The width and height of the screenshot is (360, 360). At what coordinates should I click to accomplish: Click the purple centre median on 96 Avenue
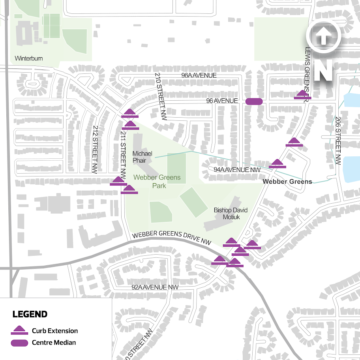point(254,101)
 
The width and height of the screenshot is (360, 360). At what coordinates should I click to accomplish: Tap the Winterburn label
point(28,58)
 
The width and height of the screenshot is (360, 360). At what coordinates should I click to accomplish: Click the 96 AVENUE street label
point(222,101)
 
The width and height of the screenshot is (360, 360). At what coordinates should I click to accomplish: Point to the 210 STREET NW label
point(160,97)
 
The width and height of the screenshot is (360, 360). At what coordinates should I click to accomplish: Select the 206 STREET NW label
point(338,141)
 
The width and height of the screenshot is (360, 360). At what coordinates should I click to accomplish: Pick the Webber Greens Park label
point(157,182)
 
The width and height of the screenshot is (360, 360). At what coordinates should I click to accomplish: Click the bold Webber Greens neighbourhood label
point(287,182)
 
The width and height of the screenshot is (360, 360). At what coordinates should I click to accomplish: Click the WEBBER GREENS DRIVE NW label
point(171,238)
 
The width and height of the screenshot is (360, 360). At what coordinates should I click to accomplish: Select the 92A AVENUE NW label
point(155,287)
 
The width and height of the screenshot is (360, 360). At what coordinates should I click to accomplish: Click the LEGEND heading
point(30,315)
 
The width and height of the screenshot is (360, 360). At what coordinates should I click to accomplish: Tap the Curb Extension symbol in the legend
point(19,331)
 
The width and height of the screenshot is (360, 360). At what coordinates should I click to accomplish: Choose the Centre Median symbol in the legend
point(19,343)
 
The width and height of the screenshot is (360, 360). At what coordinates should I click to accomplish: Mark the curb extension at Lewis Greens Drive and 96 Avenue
point(302,95)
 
